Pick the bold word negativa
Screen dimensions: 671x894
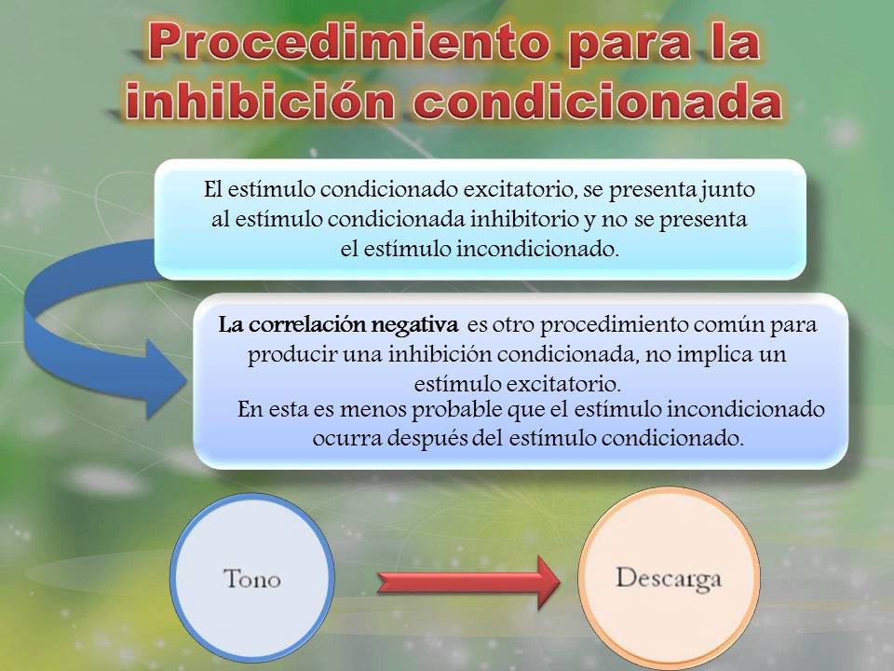416,326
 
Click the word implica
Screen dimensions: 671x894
707,355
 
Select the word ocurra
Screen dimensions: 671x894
343,439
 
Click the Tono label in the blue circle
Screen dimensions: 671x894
251,579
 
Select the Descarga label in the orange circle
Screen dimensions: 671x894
669,578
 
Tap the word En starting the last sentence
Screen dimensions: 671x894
251,410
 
